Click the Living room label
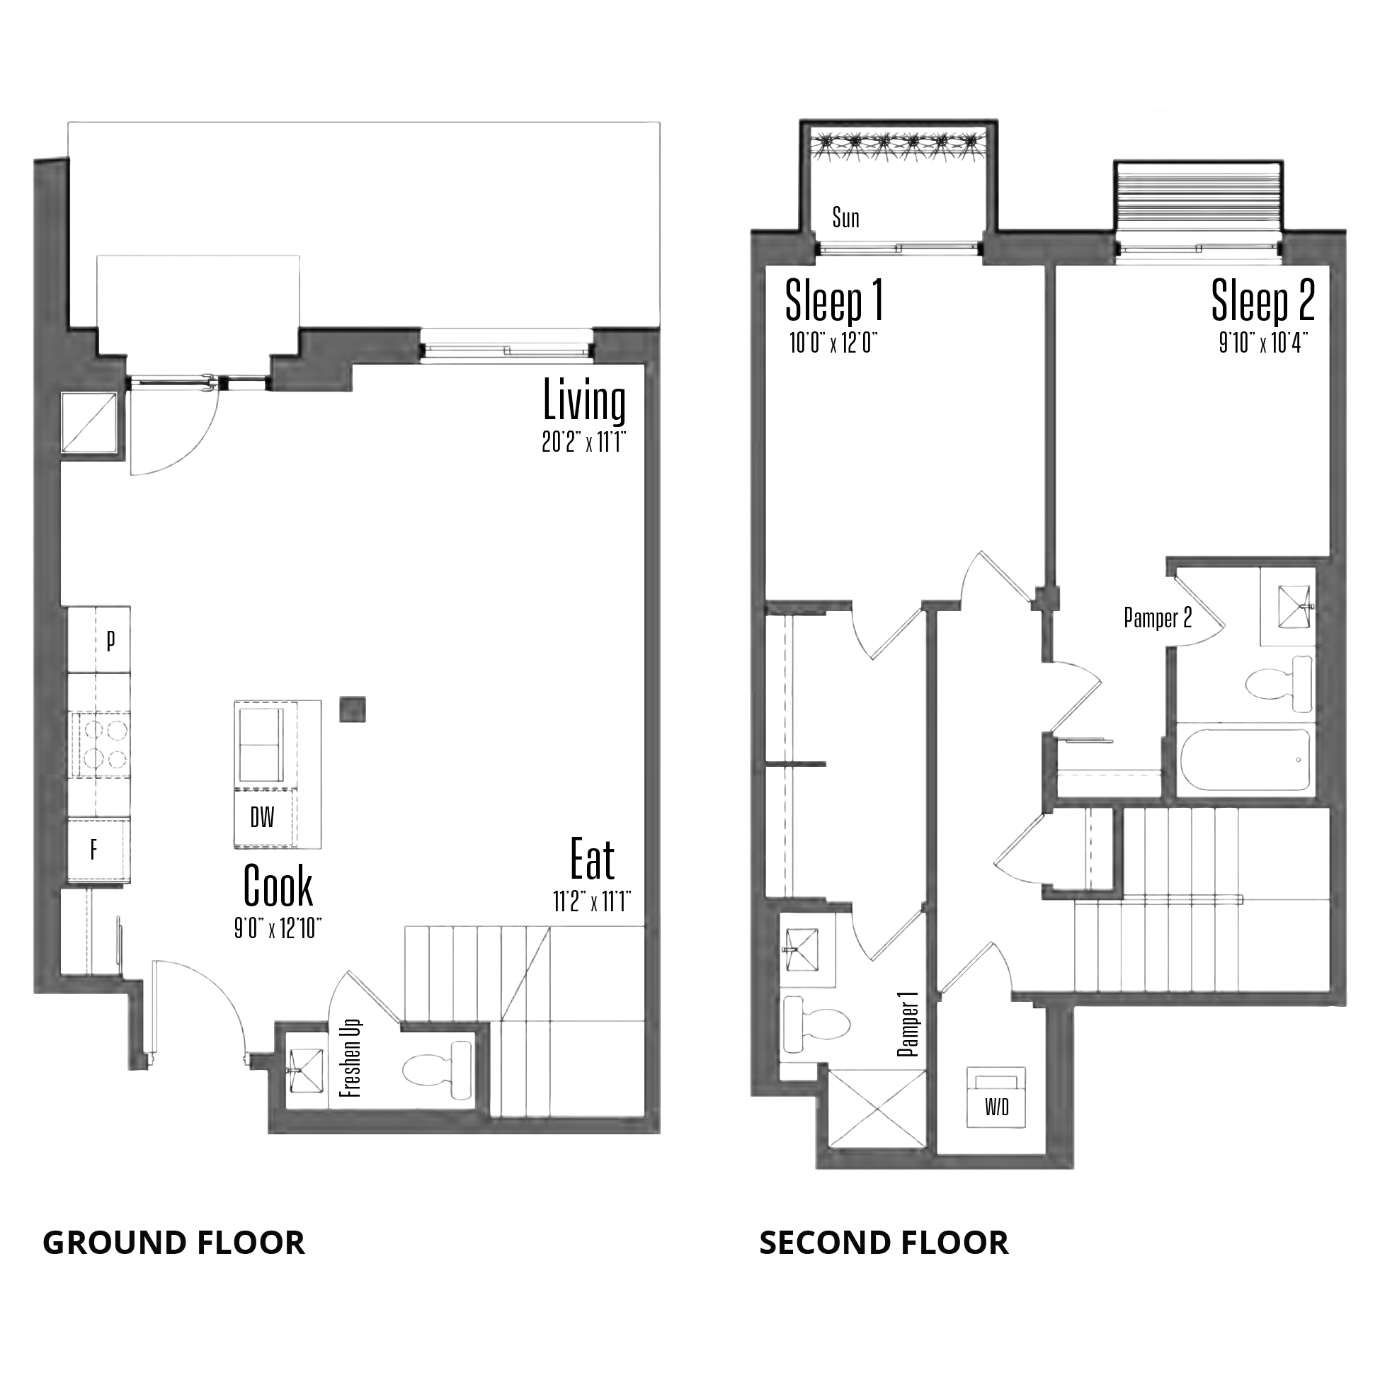click(x=584, y=401)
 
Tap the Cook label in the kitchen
click(x=278, y=885)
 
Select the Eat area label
click(x=592, y=860)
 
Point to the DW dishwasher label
click(x=262, y=817)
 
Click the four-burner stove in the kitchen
click(x=100, y=743)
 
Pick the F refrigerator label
click(x=93, y=850)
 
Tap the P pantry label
click(x=110, y=641)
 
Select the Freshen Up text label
click(x=350, y=1058)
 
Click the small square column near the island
click(x=353, y=709)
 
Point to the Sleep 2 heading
click(x=1263, y=300)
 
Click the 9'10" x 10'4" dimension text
click(x=1264, y=344)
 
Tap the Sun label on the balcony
click(x=845, y=218)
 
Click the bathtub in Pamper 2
click(x=1245, y=759)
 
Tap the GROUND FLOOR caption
click(x=173, y=1243)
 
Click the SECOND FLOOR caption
click(x=884, y=1243)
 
